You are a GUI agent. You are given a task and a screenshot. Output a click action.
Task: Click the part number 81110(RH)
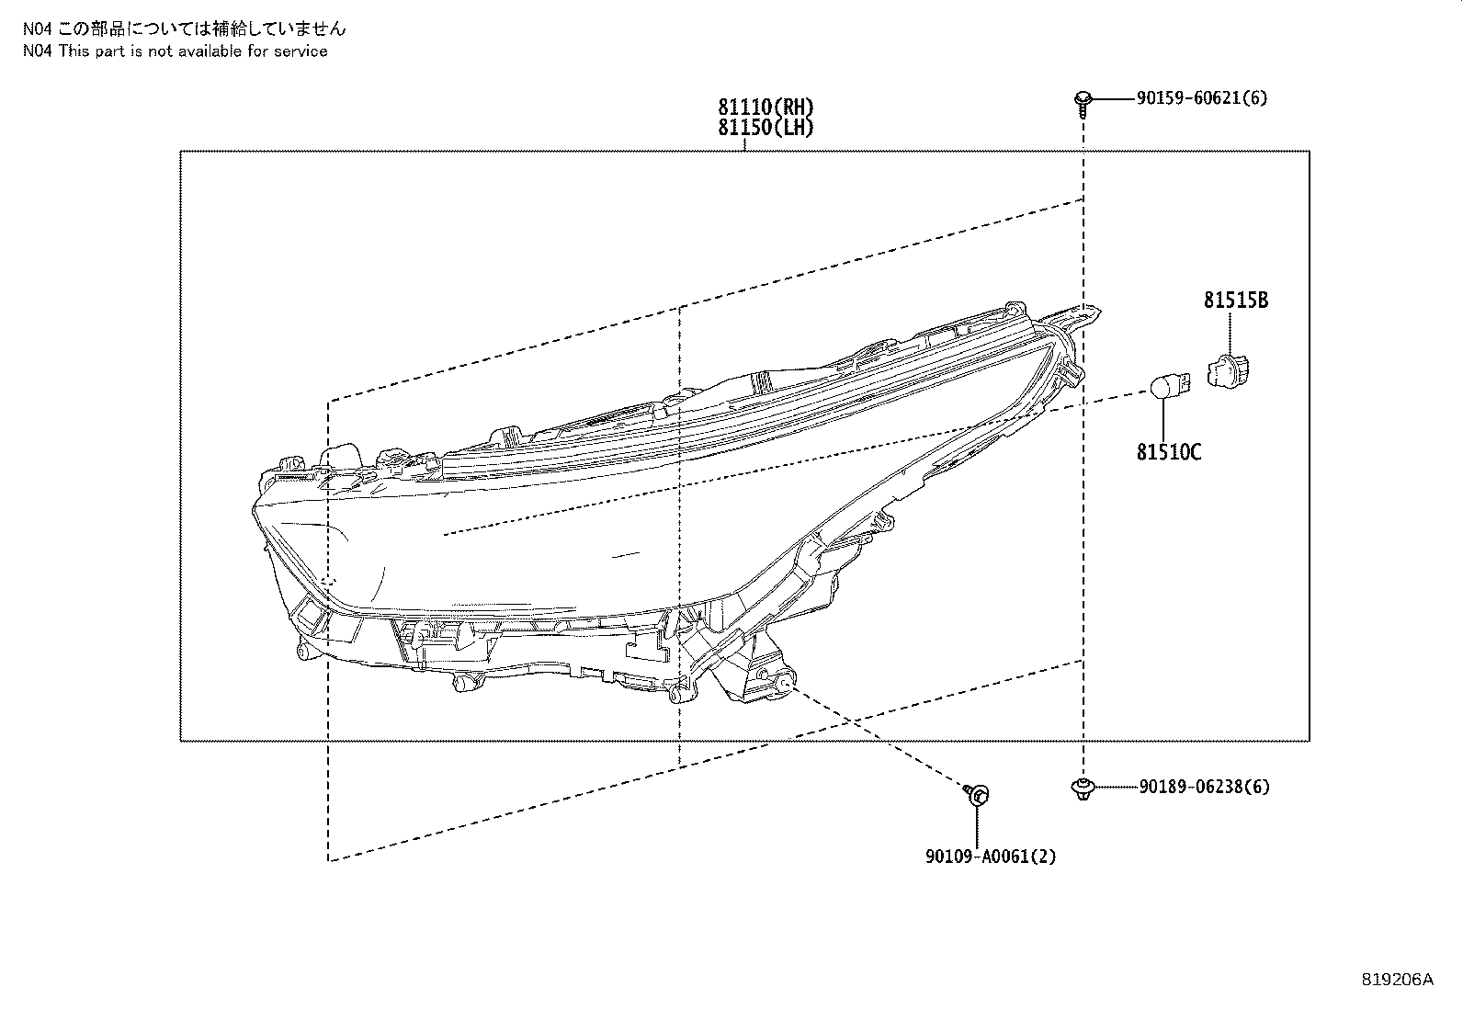pyautogui.click(x=766, y=107)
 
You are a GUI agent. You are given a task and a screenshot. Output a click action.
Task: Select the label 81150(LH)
pyautogui.click(x=766, y=128)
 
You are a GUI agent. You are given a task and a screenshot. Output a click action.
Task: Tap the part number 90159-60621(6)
pyautogui.click(x=1202, y=98)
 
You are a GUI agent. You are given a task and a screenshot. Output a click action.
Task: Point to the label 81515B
pyautogui.click(x=1236, y=300)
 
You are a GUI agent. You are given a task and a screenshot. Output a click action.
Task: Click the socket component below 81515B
pyautogui.click(x=1228, y=371)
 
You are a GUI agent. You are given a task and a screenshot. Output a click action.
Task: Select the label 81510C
pyautogui.click(x=1168, y=452)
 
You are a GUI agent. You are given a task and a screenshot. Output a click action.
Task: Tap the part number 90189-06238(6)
pyautogui.click(x=1205, y=787)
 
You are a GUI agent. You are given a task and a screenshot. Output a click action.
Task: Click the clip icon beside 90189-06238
pyautogui.click(x=1083, y=789)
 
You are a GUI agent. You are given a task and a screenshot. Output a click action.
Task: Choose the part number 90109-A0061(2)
pyautogui.click(x=990, y=857)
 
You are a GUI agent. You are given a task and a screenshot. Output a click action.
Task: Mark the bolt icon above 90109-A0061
pyautogui.click(x=977, y=794)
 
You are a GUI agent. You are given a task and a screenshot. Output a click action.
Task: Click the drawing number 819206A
pyautogui.click(x=1397, y=980)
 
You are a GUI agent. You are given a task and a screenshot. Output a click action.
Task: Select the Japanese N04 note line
pyautogui.click(x=184, y=28)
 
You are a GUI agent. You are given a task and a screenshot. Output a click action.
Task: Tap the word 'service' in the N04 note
pyautogui.click(x=301, y=51)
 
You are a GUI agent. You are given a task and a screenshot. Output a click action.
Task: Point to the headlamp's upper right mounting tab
pyautogui.click(x=1072, y=315)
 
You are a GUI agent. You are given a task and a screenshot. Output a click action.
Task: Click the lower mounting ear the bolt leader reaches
pyautogui.click(x=784, y=681)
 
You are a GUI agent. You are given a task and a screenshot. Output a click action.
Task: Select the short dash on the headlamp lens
pyautogui.click(x=626, y=555)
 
